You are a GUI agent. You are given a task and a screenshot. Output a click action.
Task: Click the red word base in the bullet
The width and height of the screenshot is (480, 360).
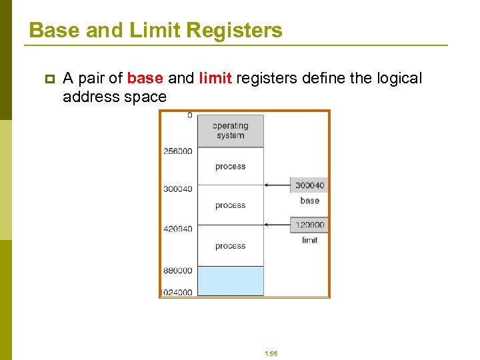(x=145, y=79)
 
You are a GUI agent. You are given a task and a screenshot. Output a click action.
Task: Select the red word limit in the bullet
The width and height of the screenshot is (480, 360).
(x=215, y=79)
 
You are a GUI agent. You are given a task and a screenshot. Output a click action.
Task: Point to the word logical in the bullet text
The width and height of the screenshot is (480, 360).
(x=397, y=79)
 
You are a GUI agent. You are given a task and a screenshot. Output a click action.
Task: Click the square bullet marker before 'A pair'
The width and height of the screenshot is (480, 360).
(x=48, y=79)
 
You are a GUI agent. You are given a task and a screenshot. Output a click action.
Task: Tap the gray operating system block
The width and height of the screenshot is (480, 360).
(x=231, y=131)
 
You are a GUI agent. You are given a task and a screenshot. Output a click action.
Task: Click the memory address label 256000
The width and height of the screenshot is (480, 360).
(x=177, y=151)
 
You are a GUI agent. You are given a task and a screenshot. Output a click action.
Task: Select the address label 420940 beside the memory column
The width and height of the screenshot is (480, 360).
(x=177, y=229)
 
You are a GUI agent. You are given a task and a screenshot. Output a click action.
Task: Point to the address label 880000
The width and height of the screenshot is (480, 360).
(x=177, y=271)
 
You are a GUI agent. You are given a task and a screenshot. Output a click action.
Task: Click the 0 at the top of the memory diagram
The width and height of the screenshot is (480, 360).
(x=189, y=115)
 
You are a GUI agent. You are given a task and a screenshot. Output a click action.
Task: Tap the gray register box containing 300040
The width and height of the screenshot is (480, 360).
(x=309, y=185)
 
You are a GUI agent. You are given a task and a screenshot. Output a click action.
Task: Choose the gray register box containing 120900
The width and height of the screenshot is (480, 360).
(x=309, y=225)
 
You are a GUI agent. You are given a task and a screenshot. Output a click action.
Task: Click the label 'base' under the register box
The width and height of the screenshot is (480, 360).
(x=310, y=201)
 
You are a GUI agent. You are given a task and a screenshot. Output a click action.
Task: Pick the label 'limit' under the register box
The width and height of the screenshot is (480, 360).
(x=310, y=240)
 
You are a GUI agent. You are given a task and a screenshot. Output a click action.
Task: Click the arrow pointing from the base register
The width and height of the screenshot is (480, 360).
(x=277, y=185)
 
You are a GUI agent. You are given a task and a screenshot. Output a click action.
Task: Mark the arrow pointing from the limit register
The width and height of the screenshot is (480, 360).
(x=277, y=225)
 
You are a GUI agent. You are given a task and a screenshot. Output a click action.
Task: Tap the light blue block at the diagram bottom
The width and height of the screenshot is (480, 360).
(x=231, y=281)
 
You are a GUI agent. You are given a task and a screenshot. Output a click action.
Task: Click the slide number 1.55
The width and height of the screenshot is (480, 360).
(x=271, y=353)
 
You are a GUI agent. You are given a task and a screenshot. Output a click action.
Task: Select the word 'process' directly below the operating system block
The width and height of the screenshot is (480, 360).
(x=231, y=167)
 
